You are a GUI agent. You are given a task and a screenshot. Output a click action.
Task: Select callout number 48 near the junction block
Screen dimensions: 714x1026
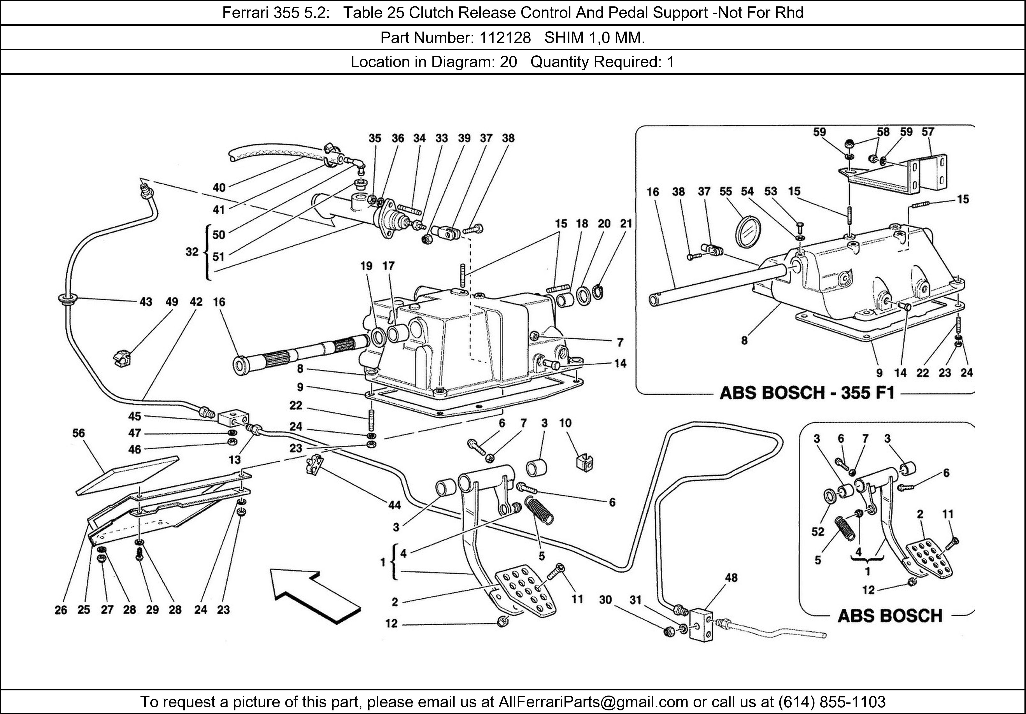point(731,578)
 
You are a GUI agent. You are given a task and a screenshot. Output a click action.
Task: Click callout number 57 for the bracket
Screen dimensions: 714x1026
point(928,132)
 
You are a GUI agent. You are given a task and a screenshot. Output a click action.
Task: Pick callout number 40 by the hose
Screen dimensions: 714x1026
point(219,188)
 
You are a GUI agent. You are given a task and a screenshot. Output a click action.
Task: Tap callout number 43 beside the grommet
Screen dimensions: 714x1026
point(146,302)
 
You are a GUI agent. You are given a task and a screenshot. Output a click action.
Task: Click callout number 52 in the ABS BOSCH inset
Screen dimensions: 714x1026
point(818,532)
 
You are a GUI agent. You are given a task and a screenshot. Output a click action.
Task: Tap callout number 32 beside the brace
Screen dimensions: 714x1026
point(192,252)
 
